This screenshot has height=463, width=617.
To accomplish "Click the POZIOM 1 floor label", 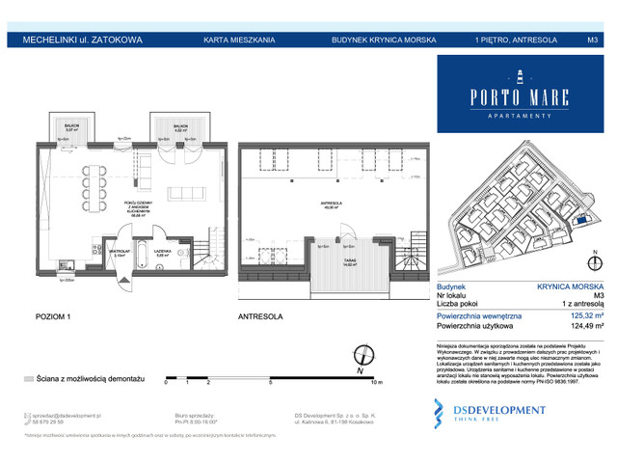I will pos(53,315).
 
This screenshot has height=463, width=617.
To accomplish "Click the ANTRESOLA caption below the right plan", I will pos(259,315).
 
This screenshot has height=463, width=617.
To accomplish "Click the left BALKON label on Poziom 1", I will pos(69,124).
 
